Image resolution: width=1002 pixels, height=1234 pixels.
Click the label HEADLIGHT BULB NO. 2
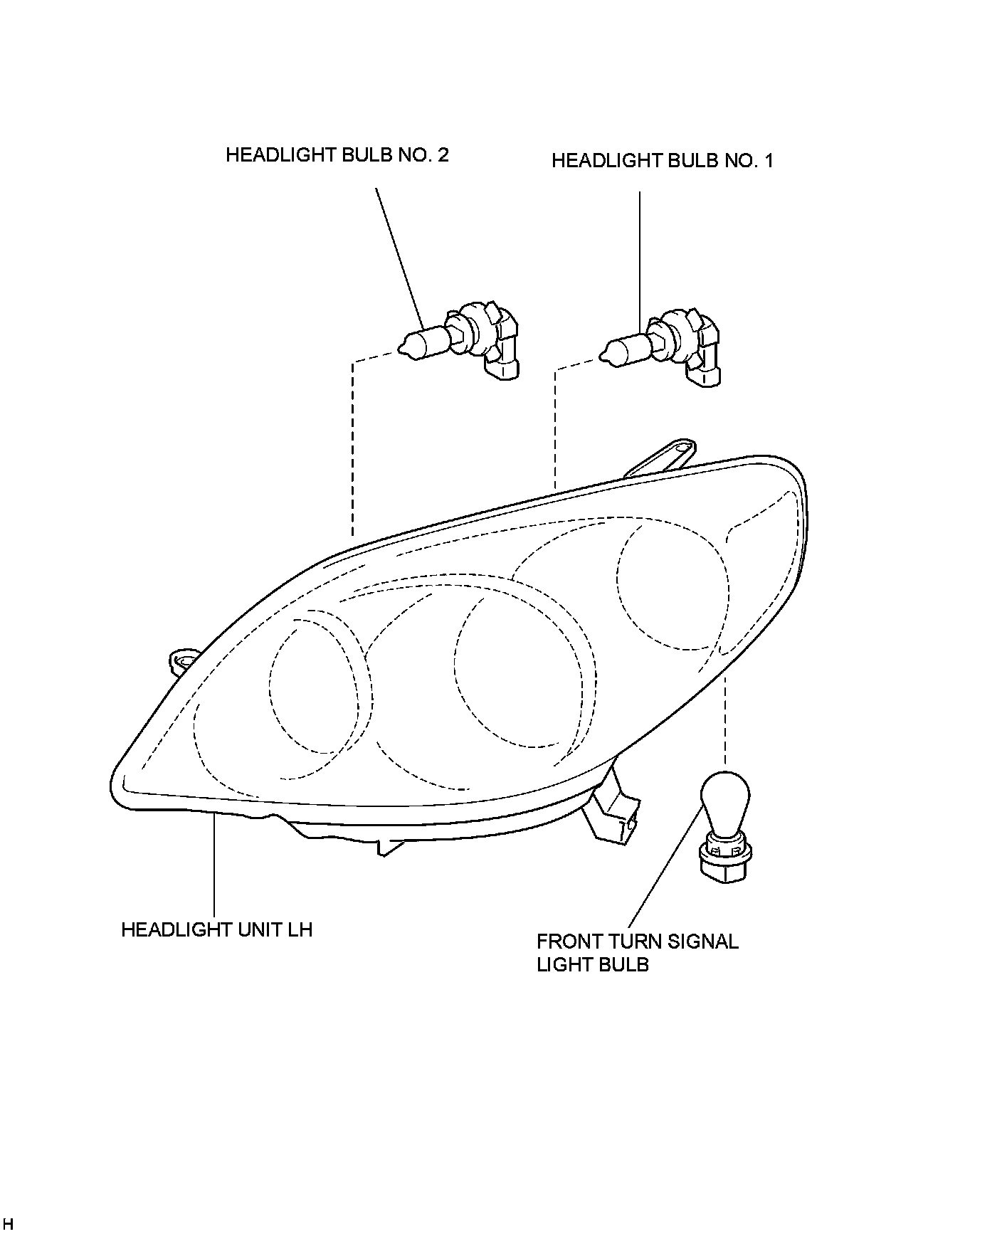click(337, 155)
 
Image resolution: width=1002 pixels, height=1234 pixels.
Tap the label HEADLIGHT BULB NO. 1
click(663, 161)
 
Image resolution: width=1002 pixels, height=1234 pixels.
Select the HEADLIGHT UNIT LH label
click(217, 930)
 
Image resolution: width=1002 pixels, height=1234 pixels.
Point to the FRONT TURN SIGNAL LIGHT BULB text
click(638, 953)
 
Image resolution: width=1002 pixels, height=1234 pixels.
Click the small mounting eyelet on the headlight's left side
click(184, 661)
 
